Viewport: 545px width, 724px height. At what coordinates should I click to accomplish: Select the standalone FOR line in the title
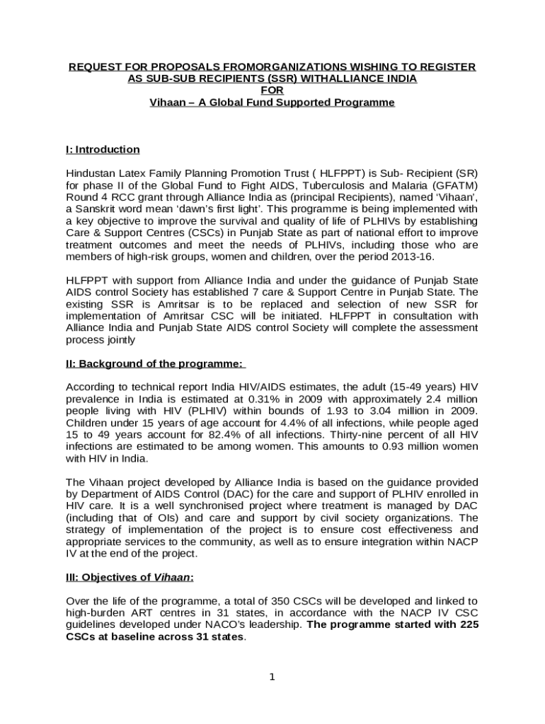coord(272,90)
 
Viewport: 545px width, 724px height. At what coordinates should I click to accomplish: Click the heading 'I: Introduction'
coord(102,149)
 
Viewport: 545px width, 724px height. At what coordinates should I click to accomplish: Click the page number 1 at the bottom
coord(272,677)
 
